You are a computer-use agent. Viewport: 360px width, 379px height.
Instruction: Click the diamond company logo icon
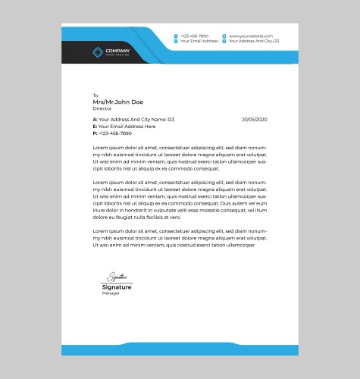pos(96,52)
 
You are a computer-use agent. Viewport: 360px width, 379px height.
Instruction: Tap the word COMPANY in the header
pos(117,50)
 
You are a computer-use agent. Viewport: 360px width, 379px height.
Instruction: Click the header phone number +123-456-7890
pos(194,36)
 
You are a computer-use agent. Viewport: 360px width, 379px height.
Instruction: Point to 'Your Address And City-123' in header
pos(254,42)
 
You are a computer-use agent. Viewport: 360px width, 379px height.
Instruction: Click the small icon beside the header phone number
pos(176,36)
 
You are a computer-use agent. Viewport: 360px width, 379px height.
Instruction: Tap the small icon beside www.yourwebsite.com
pos(224,36)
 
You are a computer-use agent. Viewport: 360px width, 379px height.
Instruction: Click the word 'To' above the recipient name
pos(95,96)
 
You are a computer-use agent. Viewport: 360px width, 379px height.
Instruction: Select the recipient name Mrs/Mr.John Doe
pos(117,102)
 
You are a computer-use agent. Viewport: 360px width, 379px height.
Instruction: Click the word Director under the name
pos(102,108)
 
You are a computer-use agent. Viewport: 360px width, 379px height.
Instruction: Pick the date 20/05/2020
pos(255,120)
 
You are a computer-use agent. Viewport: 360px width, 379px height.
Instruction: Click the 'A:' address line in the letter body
pos(133,120)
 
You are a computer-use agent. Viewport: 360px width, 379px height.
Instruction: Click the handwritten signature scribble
pos(117,277)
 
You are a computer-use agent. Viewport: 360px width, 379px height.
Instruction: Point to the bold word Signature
pos(117,287)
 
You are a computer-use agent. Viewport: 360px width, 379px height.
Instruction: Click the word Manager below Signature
pos(111,293)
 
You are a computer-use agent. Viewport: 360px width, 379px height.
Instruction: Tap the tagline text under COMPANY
pos(117,55)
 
